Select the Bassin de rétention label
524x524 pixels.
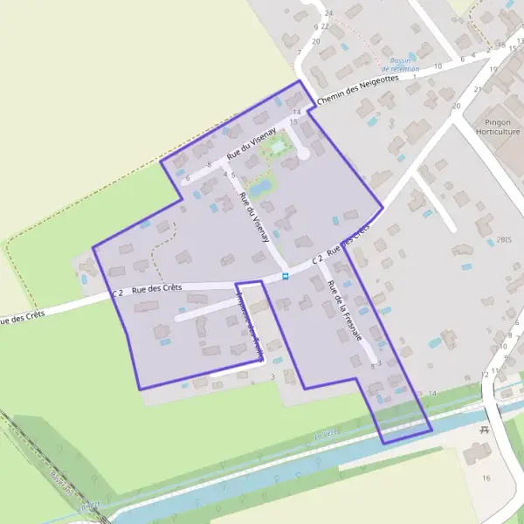point(405,64)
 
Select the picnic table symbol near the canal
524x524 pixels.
point(484,429)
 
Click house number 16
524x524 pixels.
point(486,478)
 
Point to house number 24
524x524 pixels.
point(329,13)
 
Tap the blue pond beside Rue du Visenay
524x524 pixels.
point(260,188)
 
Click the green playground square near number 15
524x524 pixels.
point(278,147)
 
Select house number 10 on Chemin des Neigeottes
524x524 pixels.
point(438,65)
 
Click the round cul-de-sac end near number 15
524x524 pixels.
point(304,155)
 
